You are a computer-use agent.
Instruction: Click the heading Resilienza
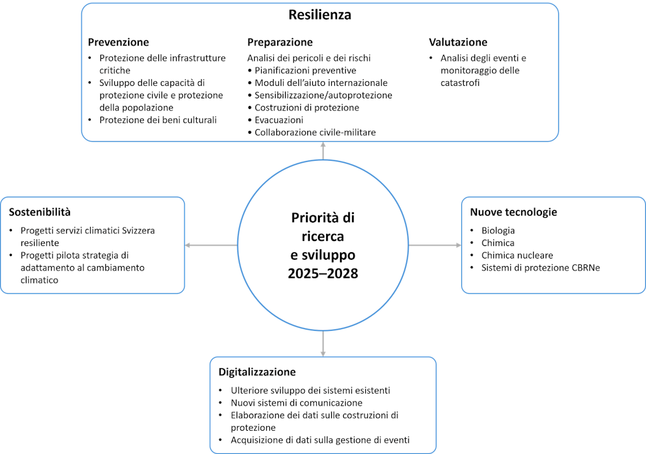pos(319,15)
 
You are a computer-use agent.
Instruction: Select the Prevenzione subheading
pos(118,42)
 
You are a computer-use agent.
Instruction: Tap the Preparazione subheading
pos(279,42)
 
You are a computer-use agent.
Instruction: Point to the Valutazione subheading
pos(458,42)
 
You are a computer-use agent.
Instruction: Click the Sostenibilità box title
pos(40,212)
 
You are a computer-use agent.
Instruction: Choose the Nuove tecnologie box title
pos(513,212)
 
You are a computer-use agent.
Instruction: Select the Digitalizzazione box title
pos(257,371)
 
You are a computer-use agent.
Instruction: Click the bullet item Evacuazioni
pos(279,120)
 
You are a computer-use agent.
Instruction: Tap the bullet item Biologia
pos(498,230)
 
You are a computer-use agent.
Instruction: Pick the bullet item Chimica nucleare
pos(517,255)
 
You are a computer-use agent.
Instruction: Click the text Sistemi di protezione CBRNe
pos(540,268)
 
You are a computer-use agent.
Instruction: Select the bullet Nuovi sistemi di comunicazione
pos(297,402)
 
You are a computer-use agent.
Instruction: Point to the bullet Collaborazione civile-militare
pos(315,132)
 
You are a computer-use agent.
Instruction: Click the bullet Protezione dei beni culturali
pos(158,120)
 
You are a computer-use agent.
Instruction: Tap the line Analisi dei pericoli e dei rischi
pos(308,58)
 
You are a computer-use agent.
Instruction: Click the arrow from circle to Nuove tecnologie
pos(435,245)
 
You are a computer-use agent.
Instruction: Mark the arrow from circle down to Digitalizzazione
pos(323,343)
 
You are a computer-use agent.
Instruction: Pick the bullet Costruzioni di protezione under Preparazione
pos(307,108)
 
